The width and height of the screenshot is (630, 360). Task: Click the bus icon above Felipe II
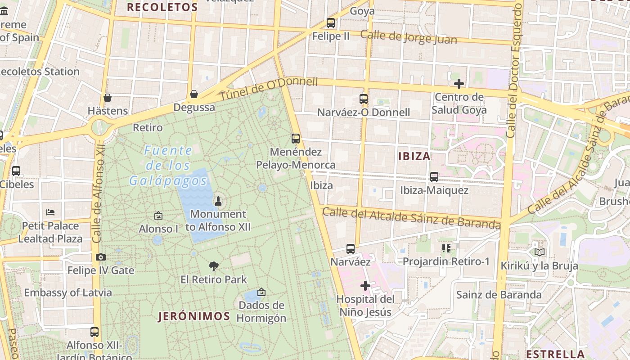331,23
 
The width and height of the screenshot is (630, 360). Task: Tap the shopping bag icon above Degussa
194,94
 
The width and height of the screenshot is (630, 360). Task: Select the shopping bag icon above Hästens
108,98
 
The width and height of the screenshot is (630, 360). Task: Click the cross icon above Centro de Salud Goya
459,84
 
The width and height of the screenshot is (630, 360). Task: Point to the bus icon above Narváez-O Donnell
364,99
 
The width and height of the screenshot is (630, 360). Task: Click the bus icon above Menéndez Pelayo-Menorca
296,139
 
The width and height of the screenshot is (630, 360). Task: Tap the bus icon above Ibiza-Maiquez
434,177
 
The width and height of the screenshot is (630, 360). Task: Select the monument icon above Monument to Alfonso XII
218,201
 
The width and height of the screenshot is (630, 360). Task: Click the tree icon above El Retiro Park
214,266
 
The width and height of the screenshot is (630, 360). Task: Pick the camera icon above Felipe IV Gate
101,257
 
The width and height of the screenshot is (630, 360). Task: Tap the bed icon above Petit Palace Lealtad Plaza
50,212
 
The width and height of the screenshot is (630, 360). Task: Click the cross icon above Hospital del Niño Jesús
365,286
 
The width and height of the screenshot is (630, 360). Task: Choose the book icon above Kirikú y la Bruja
539,252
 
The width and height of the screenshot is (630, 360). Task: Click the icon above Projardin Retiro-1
446,248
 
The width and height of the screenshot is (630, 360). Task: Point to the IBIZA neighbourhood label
414,157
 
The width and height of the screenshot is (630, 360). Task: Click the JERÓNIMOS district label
194,316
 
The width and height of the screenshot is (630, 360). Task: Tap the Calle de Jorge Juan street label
409,37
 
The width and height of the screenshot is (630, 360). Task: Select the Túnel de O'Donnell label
269,89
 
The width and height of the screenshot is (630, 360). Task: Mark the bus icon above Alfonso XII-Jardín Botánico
94,332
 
